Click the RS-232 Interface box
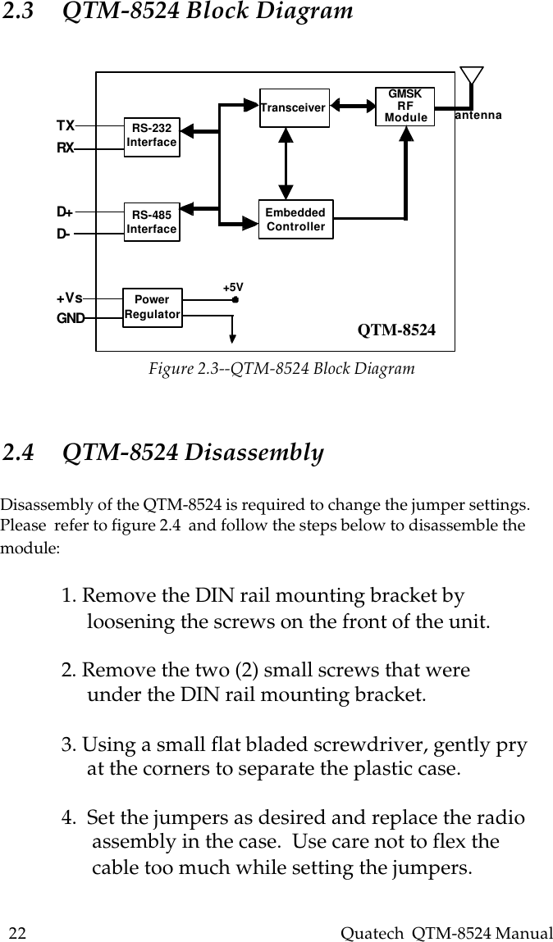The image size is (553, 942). [152, 135]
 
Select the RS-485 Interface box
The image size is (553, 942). [152, 222]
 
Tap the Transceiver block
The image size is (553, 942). [294, 107]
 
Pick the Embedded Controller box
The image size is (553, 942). [295, 219]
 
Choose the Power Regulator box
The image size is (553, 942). [152, 307]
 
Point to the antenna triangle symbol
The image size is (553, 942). [471, 75]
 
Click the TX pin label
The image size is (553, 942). [66, 125]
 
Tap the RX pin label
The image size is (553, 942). [66, 149]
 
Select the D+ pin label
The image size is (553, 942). [64, 212]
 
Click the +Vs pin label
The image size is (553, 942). [69, 298]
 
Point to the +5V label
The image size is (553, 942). [234, 287]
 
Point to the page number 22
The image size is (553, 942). [17, 933]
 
